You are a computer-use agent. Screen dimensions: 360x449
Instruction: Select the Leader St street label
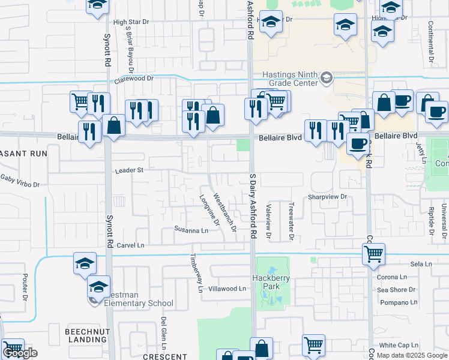129,170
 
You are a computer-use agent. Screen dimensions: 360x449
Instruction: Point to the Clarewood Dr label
134,78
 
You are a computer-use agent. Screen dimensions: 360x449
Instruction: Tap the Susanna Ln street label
191,229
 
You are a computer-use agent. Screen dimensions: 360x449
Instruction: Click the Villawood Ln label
227,289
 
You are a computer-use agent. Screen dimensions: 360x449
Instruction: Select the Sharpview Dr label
328,196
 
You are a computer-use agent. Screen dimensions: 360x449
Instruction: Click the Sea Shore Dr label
396,290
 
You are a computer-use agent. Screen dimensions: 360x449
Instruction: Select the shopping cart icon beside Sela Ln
373,254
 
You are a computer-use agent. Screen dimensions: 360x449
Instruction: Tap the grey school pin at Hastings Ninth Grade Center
326,77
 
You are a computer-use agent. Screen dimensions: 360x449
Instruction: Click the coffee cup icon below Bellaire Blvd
359,143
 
